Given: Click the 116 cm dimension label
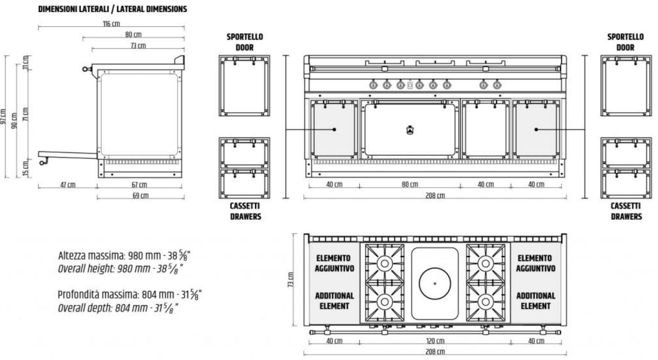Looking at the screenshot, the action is pos(111,23).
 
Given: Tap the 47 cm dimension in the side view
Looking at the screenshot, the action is pos(68,185).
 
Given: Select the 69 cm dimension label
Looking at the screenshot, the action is pos(140,195).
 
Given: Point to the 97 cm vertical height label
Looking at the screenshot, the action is pos(3,116).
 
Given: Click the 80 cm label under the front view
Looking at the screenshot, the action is pos(410,184).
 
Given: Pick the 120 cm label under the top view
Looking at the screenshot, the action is pos(435,341).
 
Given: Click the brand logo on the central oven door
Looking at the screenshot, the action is pos(410,130).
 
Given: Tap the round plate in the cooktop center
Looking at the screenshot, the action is pos(435,283).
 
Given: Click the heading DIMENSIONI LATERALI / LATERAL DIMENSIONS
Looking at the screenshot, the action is pos(113,9).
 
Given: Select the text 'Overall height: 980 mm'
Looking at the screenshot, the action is pos(104,269).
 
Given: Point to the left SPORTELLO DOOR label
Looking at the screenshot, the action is pos(245,42).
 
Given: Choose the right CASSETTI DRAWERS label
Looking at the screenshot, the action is pos(626,211).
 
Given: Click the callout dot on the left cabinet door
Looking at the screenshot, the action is pos(334,130).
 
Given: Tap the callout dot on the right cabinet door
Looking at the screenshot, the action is pos(536,130).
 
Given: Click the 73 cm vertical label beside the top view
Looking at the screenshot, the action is pos(291,280).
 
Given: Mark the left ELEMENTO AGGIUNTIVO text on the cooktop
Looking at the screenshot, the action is pos(334,263).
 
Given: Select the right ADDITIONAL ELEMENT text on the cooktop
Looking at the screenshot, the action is pos(536,301).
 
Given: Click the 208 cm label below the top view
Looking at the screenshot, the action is pos(435,352).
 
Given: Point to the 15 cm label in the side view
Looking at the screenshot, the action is pos(25,169).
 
